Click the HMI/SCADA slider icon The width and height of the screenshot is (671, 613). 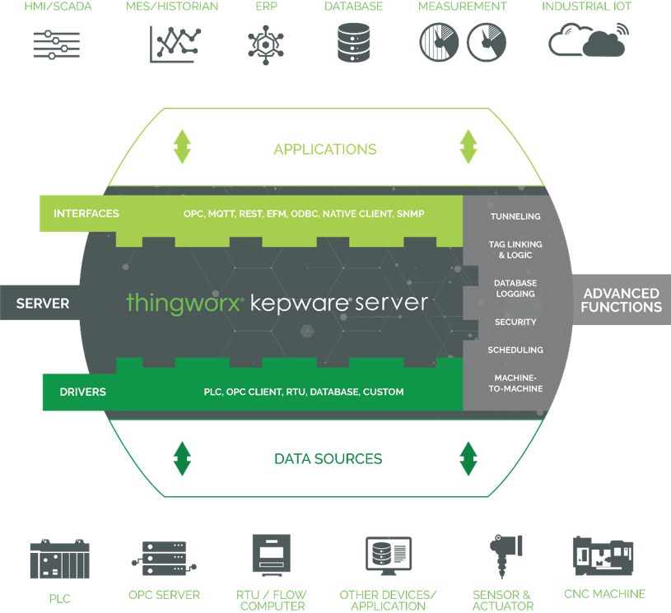[x=56, y=44]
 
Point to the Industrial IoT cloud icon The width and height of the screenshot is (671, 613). [x=587, y=39]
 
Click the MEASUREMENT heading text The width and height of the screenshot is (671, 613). [x=462, y=7]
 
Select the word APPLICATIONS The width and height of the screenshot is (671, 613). [x=325, y=149]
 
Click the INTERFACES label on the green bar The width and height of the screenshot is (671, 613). [x=86, y=214]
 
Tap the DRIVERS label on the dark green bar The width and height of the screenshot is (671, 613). [x=83, y=392]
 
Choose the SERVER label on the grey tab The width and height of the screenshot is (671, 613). [x=43, y=304]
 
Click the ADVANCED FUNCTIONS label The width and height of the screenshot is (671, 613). [x=622, y=300]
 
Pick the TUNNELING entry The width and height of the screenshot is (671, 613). [x=515, y=216]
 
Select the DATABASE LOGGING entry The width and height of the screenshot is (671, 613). [x=515, y=288]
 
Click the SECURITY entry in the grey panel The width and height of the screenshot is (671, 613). [x=515, y=322]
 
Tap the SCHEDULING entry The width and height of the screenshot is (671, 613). [x=515, y=351]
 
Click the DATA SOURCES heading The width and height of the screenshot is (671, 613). [x=329, y=459]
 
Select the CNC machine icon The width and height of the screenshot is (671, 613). [x=604, y=556]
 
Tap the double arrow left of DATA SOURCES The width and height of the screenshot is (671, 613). [x=182, y=459]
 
